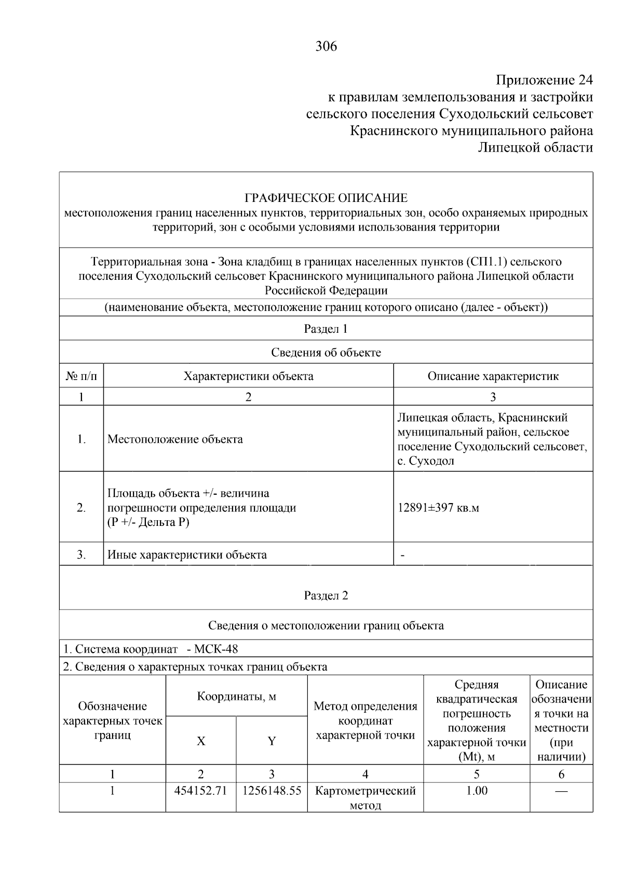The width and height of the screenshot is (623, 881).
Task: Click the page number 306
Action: (326, 47)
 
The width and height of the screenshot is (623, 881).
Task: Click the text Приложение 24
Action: (544, 80)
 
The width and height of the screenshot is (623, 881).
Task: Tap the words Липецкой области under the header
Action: (535, 148)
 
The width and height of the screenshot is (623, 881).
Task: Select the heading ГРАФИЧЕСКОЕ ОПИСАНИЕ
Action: (326, 198)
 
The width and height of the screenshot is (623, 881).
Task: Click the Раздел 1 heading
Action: (326, 329)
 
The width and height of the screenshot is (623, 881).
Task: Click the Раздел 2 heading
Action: (326, 595)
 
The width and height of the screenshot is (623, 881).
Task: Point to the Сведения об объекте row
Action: (326, 353)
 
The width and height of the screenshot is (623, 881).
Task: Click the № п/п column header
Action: (82, 376)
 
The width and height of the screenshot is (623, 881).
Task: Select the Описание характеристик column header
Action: (493, 376)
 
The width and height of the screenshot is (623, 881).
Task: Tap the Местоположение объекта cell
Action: (175, 439)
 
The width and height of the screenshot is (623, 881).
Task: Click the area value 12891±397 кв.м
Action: (438, 508)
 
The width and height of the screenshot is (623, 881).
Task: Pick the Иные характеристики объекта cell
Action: (187, 555)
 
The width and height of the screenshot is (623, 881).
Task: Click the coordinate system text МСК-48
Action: (215, 649)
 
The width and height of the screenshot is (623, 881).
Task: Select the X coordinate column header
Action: (201, 741)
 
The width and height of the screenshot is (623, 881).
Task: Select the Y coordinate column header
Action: (272, 741)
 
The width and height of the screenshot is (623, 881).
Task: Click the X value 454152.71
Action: (201, 791)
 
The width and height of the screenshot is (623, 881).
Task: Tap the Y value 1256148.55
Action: (272, 791)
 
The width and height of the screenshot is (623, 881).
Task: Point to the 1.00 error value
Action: (477, 791)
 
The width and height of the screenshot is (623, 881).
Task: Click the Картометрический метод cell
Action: (365, 798)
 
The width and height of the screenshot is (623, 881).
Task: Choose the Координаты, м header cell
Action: (236, 697)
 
